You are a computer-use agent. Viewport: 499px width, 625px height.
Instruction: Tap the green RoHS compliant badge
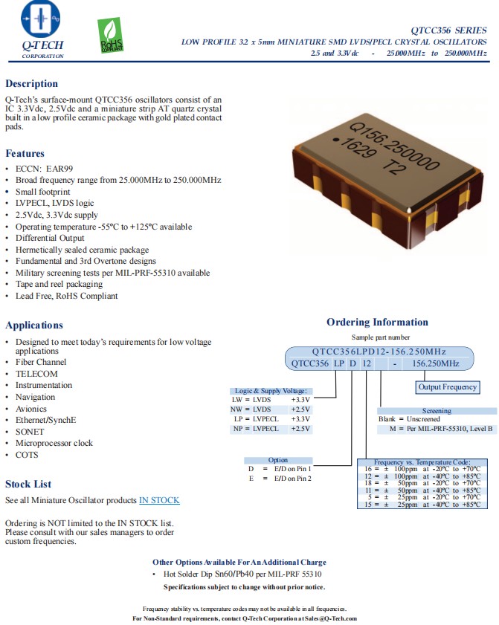pos(111,36)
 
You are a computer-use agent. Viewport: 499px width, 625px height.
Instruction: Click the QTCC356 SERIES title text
pos(451,30)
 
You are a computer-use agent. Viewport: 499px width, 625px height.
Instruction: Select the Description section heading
pos(31,83)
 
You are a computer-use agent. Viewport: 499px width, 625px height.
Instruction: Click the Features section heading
pos(25,153)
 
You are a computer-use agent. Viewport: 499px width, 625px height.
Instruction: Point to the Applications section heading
pos(34,325)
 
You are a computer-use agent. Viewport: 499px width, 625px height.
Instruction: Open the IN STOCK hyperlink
pos(159,500)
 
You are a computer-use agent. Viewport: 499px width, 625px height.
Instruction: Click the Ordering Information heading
pos(377,322)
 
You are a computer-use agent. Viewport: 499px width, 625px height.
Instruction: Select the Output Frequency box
pos(447,387)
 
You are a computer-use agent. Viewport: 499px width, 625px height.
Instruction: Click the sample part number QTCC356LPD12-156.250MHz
pos(379,351)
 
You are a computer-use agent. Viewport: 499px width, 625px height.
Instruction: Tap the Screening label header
pos(437,411)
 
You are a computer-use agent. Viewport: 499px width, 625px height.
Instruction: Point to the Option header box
pos(278,460)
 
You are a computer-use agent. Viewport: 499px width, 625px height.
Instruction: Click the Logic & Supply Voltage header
pos(273,391)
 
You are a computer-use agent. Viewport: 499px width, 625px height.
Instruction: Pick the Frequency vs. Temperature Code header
pos(422,462)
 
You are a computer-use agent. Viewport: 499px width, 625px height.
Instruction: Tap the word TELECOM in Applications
pos(36,374)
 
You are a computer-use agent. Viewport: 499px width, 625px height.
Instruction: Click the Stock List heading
pos(28,484)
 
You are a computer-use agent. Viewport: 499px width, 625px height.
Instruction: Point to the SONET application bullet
pos(30,431)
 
